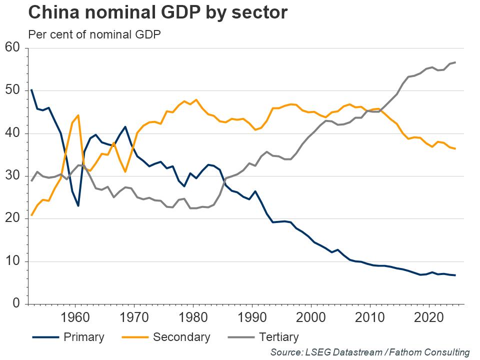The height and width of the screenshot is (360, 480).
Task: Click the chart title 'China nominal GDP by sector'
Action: point(158,13)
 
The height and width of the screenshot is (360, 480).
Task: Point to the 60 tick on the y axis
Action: point(12,47)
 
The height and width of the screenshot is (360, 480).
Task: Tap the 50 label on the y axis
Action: point(12,90)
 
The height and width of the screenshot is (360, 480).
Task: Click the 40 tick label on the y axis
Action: point(12,133)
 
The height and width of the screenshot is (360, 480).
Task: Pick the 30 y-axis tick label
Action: point(12,176)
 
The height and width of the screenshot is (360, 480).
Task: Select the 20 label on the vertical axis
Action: point(12,218)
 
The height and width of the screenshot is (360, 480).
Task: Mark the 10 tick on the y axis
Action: point(12,261)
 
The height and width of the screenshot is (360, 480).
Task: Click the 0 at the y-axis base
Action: point(16,304)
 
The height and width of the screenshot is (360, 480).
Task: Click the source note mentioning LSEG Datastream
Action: point(370,352)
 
